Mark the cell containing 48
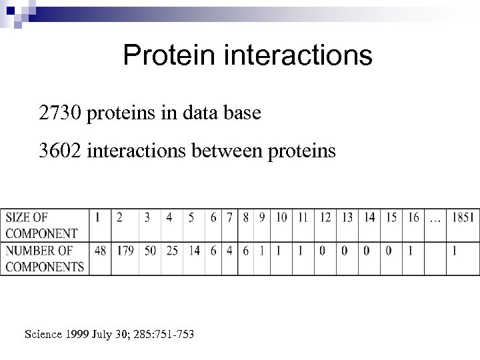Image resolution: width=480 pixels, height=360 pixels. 101,251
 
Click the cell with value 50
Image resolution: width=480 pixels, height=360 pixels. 151,251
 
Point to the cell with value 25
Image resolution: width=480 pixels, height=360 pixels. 171,251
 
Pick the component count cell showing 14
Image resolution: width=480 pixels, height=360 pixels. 193,251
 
